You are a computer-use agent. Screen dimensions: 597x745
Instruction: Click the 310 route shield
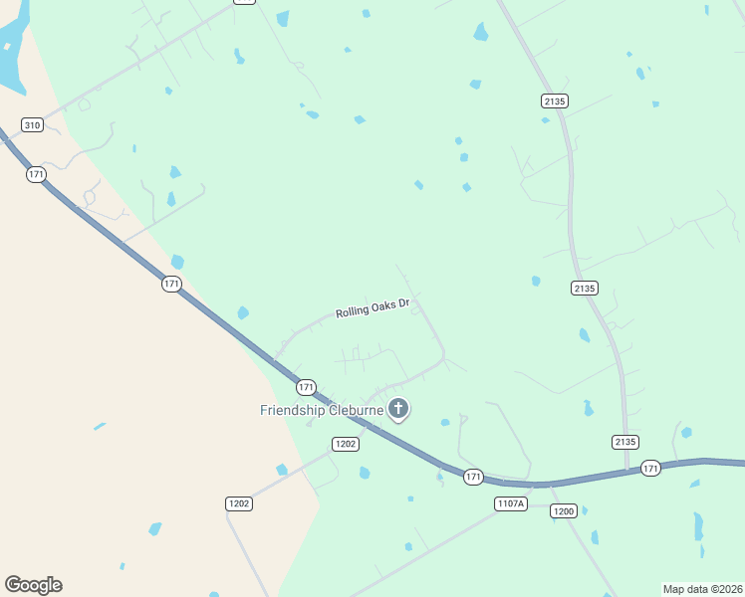pyautogui.click(x=32, y=124)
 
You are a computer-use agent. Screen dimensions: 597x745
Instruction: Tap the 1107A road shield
pyautogui.click(x=509, y=503)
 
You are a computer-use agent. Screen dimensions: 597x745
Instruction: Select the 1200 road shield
pyautogui.click(x=564, y=510)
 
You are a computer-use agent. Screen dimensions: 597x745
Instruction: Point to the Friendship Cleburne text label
pyautogui.click(x=322, y=410)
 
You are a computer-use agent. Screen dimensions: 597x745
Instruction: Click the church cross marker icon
pyautogui.click(x=398, y=408)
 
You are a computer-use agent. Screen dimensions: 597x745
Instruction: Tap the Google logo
pyautogui.click(x=33, y=585)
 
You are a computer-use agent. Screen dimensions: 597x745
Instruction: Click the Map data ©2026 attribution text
pyautogui.click(x=701, y=588)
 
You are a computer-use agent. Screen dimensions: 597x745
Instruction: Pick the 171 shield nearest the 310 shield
pyautogui.click(x=37, y=174)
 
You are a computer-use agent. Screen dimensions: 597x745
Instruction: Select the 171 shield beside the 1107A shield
pyautogui.click(x=473, y=478)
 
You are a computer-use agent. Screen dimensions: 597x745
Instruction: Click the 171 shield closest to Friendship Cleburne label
pyautogui.click(x=306, y=386)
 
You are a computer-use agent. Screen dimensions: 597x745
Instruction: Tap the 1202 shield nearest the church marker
pyautogui.click(x=346, y=444)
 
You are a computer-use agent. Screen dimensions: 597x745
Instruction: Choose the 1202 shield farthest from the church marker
pyautogui.click(x=239, y=503)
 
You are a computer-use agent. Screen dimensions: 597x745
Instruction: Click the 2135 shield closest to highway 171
pyautogui.click(x=625, y=441)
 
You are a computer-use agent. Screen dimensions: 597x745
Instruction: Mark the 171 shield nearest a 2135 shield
pyautogui.click(x=650, y=468)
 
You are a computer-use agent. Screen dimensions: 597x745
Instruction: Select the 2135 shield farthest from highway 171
pyautogui.click(x=555, y=100)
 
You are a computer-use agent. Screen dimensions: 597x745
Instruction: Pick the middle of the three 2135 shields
pyautogui.click(x=585, y=288)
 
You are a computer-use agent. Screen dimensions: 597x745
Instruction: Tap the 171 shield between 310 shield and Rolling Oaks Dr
pyautogui.click(x=171, y=284)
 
